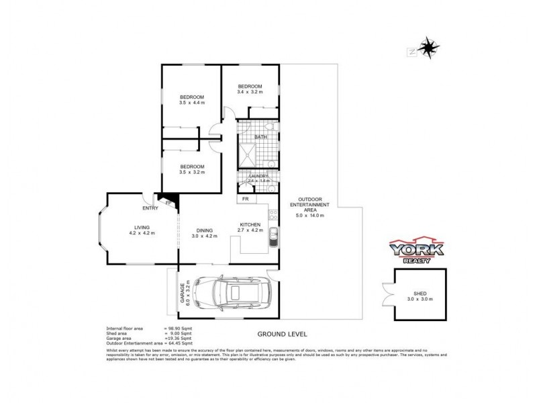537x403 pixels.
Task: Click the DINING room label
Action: (204, 230)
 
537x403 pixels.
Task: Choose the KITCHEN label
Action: (250, 224)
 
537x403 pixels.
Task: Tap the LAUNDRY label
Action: (258, 176)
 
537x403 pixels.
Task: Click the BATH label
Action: (260, 137)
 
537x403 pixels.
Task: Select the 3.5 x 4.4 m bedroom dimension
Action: (191, 103)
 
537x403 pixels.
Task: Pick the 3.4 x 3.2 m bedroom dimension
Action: (249, 93)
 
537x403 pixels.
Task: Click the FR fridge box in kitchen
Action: (245, 199)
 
